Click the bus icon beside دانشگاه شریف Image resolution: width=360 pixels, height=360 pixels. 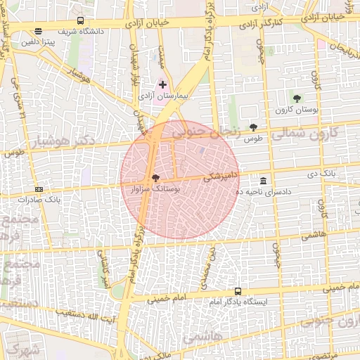click(80, 21)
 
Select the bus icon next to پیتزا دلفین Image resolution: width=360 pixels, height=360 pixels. click(37, 31)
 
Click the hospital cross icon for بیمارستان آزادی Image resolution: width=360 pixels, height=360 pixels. click(163, 84)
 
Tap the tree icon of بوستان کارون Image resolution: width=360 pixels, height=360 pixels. click(297, 98)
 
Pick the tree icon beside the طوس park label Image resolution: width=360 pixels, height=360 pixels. click(253, 127)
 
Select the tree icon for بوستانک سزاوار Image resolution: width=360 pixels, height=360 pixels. click(155, 178)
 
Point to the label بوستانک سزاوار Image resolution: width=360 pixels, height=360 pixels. click(156, 189)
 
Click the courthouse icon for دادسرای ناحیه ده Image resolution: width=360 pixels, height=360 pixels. click(263, 181)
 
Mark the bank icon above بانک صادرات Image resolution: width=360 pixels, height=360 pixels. click(38, 189)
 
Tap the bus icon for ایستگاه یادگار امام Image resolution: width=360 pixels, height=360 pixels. click(238, 290)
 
